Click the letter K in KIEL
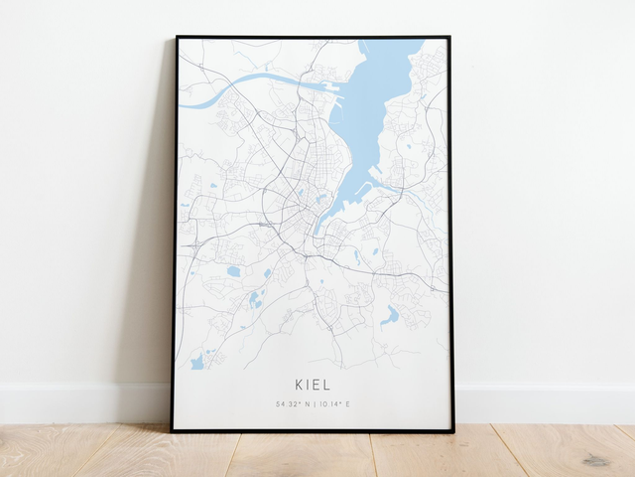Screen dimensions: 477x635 tap(299, 384)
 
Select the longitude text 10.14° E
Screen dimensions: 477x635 tap(336, 404)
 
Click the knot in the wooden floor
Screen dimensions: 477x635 tap(596, 460)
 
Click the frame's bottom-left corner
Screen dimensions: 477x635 tap(173, 430)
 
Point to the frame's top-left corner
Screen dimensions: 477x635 tap(178, 38)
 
